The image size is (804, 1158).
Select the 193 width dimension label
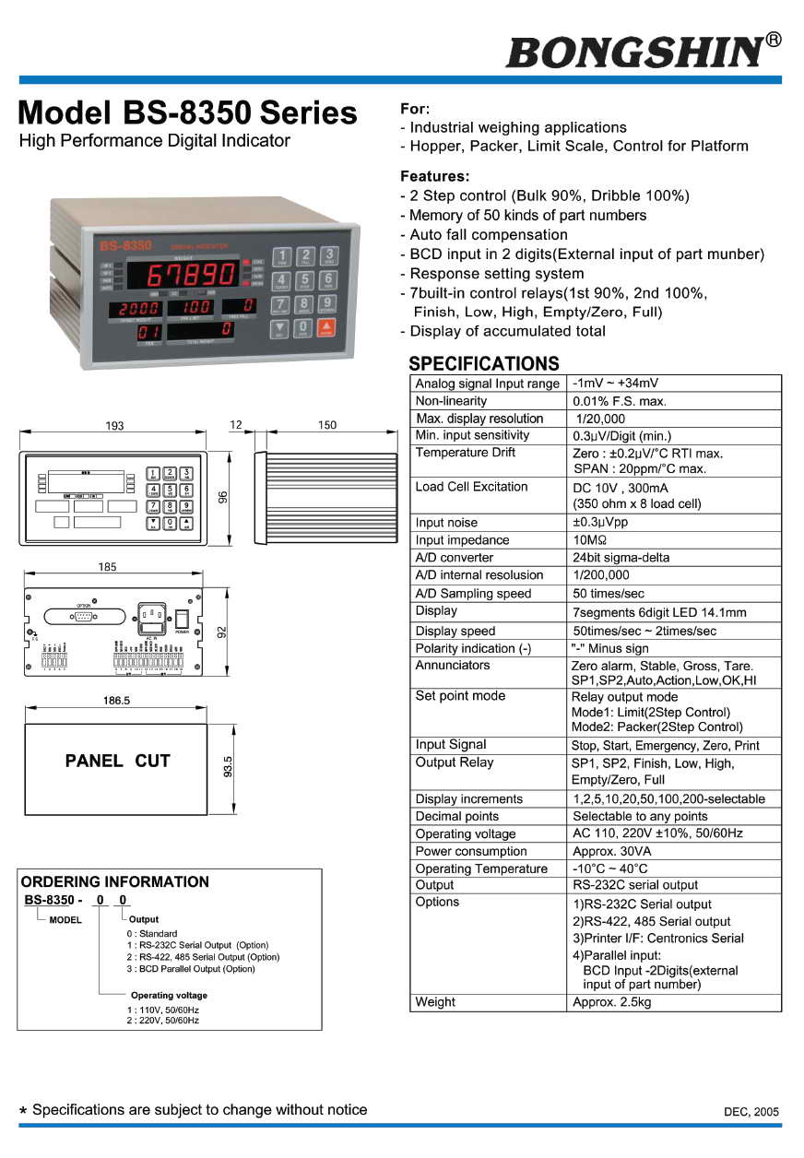[x=114, y=426]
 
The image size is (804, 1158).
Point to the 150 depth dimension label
[x=326, y=426]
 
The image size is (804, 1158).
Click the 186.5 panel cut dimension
[x=116, y=701]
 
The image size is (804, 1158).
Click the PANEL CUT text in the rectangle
[x=117, y=762]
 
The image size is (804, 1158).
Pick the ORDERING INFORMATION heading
[x=114, y=882]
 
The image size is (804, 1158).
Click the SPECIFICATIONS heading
[x=483, y=363]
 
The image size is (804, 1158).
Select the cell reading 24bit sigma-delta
[x=621, y=558]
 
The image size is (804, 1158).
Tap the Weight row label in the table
[x=435, y=1002]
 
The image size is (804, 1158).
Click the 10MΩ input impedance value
[x=590, y=540]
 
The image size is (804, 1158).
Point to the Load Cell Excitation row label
[x=471, y=487]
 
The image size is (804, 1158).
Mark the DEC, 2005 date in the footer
[x=751, y=1112]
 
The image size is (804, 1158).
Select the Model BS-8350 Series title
[x=188, y=112]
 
